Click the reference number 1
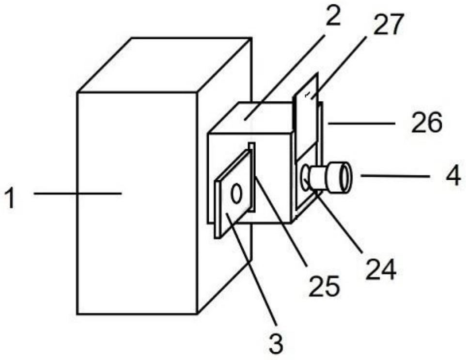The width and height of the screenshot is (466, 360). click(10, 199)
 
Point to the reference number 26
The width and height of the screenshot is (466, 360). click(426, 123)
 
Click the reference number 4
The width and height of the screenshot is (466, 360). click(453, 176)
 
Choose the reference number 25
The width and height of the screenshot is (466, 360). click(324, 286)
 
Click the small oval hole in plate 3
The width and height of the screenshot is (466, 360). click(236, 193)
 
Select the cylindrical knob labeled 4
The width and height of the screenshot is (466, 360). click(327, 177)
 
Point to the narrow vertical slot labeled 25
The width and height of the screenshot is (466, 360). click(252, 177)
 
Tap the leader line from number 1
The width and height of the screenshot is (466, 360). click(78, 193)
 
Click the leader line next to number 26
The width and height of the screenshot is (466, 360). click(362, 123)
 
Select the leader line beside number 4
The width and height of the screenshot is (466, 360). click(395, 176)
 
